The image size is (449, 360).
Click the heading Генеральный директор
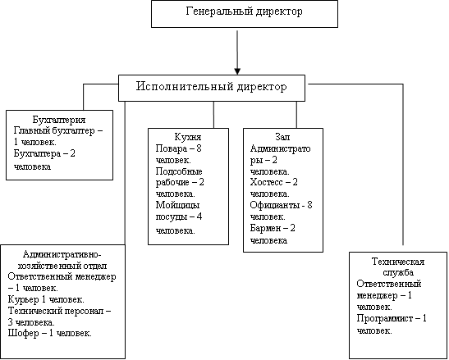coord(244,11)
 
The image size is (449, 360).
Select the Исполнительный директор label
coord(211,86)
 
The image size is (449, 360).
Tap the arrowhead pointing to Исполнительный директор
coord(237,71)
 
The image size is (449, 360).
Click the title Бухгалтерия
coord(59,120)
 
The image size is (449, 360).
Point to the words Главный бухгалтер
coord(54,131)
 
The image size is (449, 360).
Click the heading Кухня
coord(188,137)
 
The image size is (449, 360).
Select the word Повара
coord(172,148)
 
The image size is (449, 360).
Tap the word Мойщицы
coord(177,206)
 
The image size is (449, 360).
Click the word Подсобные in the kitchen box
coord(179,171)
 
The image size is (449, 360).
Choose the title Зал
coord(282,137)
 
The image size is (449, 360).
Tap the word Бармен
coord(265,228)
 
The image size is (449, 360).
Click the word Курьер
coord(24,299)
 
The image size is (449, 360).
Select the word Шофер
coord(23,334)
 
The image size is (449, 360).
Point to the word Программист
coord(385,318)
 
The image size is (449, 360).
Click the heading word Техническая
coord(398,262)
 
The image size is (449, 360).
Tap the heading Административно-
coord(62,254)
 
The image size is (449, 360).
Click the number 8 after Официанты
coord(309,205)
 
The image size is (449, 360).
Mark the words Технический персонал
coord(56,311)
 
